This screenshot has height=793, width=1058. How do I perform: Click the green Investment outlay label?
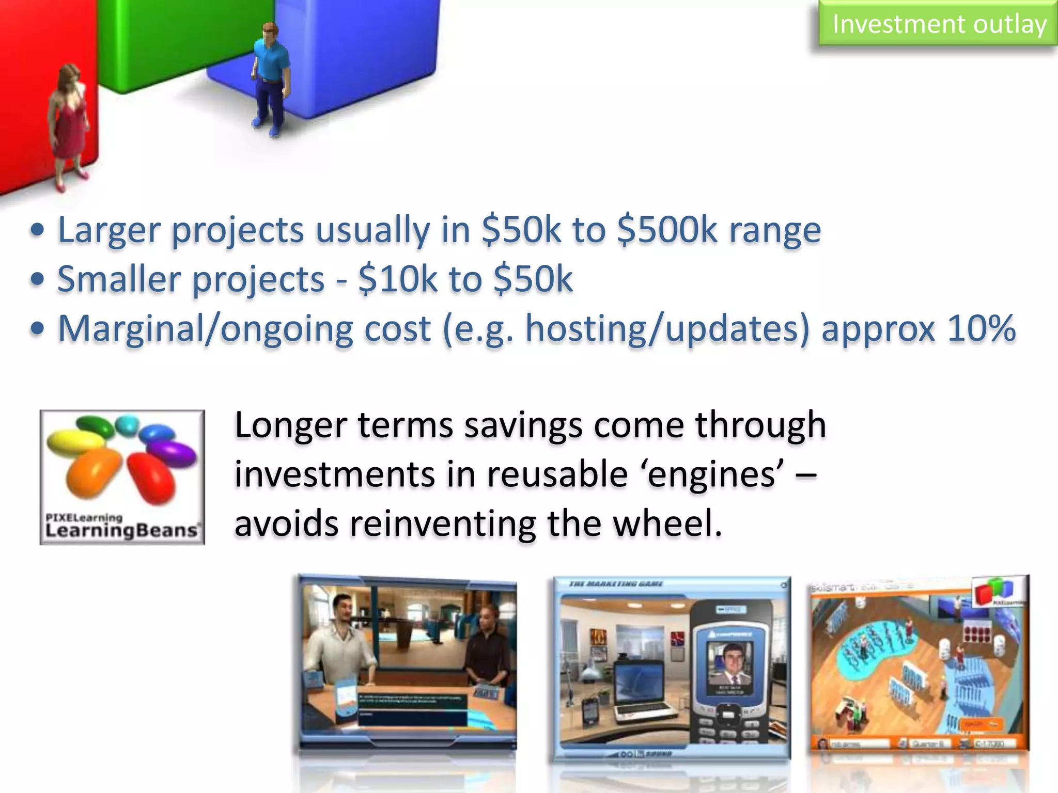[938, 24]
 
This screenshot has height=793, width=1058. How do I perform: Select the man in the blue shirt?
[270, 77]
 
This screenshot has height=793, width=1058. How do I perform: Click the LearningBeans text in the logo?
[121, 531]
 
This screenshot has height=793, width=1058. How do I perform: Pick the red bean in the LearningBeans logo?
[151, 477]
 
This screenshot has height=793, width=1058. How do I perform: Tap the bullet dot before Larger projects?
[37, 230]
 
